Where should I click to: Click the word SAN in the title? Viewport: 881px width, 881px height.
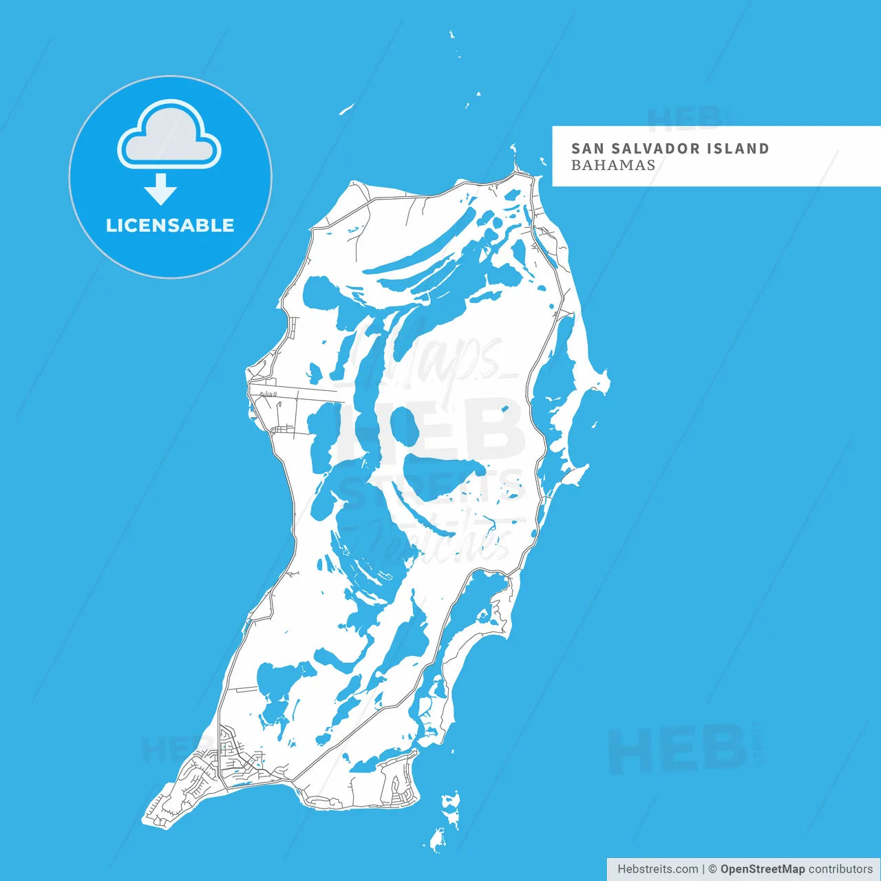[x=587, y=149]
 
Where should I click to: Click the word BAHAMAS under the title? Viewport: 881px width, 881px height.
[x=613, y=165]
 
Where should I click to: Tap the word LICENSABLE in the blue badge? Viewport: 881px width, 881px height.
[x=170, y=226]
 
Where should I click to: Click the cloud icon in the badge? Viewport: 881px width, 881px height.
[x=169, y=136]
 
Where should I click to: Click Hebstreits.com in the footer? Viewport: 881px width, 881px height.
[x=657, y=869]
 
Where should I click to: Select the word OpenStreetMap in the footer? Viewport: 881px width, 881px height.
[x=763, y=869]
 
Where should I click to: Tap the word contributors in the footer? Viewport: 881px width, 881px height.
[x=840, y=869]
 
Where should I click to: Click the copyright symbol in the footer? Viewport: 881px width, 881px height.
[x=713, y=869]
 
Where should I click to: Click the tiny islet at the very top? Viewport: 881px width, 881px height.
[x=452, y=34]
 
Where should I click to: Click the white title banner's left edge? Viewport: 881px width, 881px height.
[x=554, y=156]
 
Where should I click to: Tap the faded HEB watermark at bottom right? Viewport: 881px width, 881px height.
[x=678, y=750]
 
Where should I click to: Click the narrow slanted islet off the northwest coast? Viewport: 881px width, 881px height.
[x=346, y=109]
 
